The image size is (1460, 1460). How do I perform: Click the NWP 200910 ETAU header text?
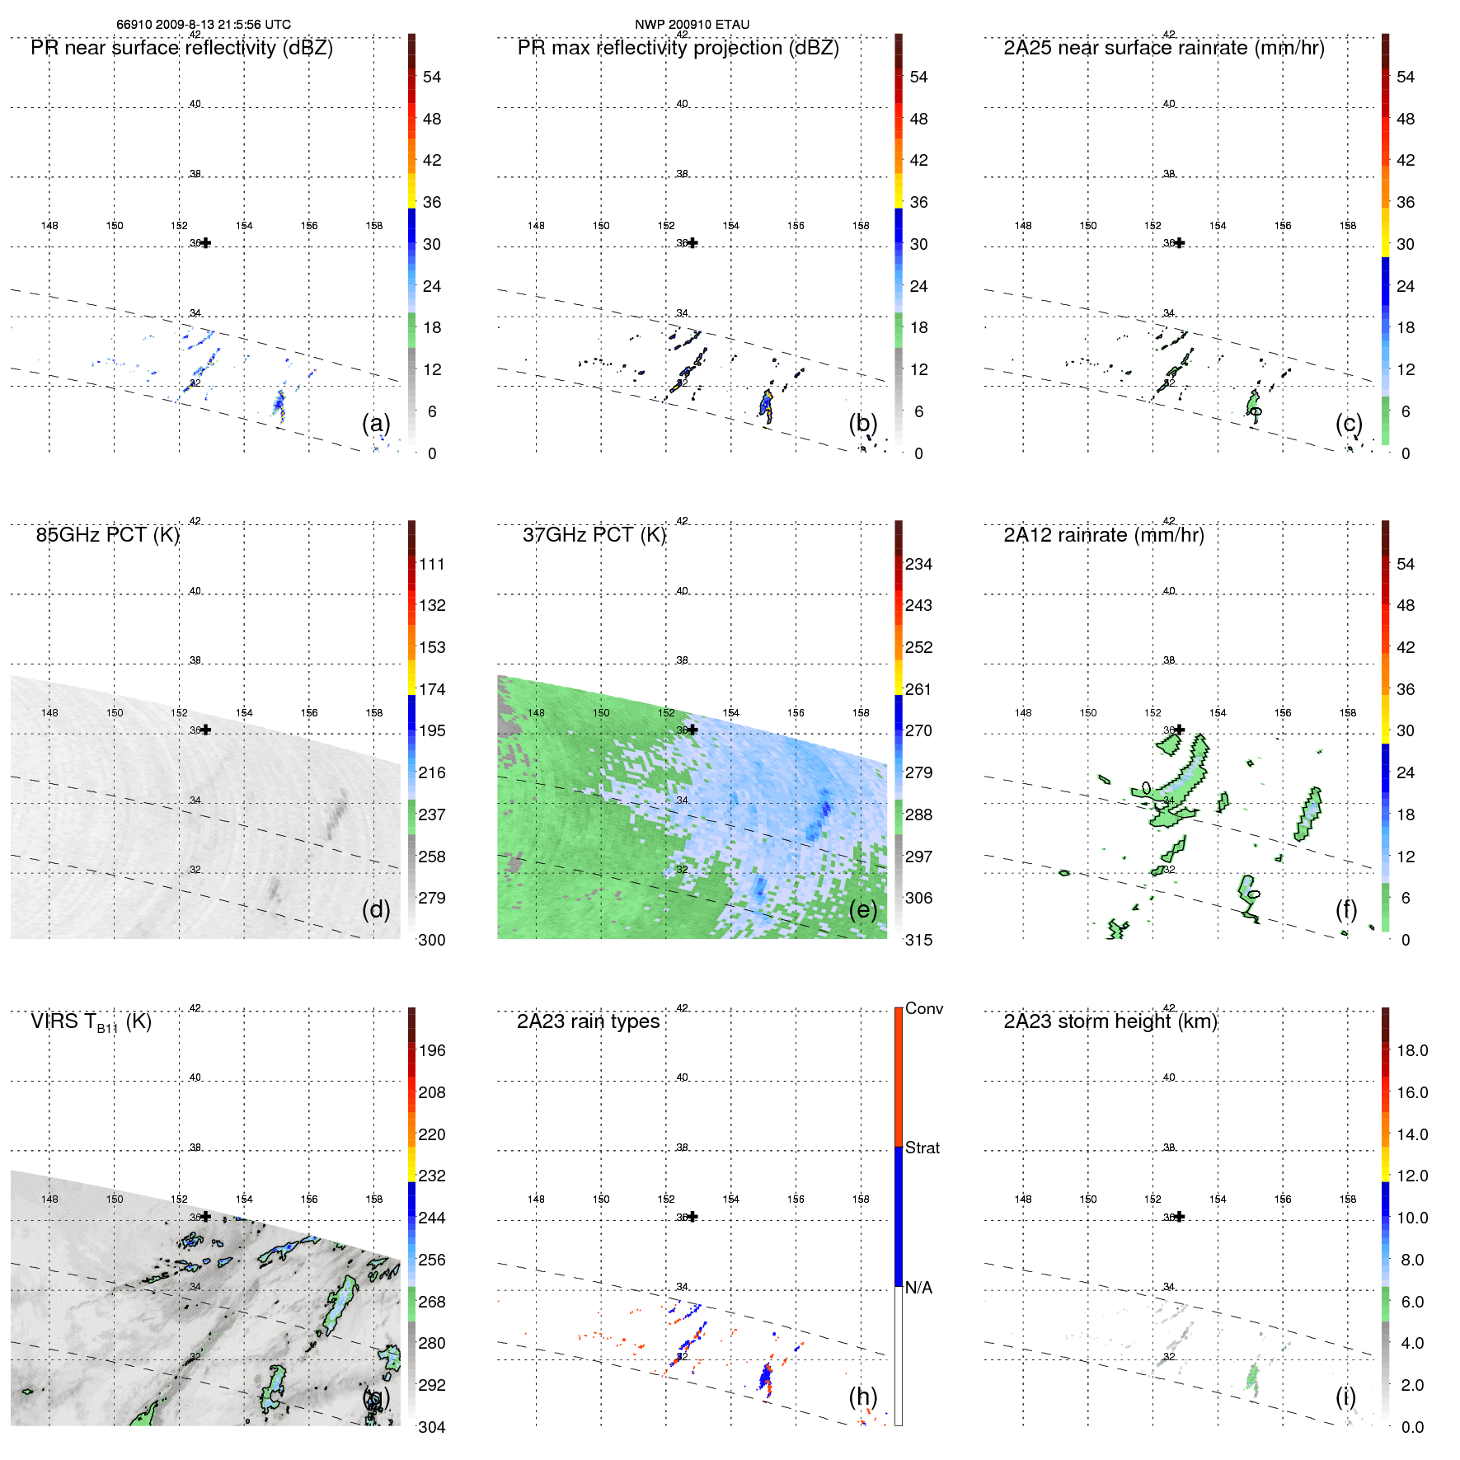[x=692, y=25]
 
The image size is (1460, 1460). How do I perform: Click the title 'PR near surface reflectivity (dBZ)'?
[x=181, y=48]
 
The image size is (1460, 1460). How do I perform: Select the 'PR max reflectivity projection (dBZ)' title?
[x=678, y=48]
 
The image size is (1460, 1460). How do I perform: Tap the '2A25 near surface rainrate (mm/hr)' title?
[x=1163, y=48]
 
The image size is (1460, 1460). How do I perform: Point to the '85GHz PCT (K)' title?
[x=107, y=535]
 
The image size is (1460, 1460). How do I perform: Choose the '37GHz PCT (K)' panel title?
[x=594, y=535]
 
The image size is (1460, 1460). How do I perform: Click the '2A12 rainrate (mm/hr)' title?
[x=1103, y=535]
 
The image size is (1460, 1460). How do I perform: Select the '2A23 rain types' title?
[x=588, y=1021]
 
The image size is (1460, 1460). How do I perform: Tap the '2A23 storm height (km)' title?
[x=1110, y=1021]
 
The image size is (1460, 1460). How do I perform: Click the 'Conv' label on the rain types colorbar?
[x=923, y=1008]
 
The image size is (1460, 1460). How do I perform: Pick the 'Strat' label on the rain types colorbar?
[x=922, y=1148]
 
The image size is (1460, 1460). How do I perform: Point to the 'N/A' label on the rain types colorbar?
[x=918, y=1288]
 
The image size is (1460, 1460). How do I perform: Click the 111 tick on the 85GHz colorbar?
[x=431, y=564]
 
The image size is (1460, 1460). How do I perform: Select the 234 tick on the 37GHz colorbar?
[x=918, y=564]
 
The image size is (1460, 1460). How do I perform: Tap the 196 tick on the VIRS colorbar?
[x=431, y=1050]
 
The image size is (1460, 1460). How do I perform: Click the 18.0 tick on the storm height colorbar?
[x=1411, y=1050]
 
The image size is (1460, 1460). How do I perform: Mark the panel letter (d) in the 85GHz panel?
[x=376, y=909]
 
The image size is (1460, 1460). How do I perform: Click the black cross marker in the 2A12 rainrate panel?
[x=1180, y=730]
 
